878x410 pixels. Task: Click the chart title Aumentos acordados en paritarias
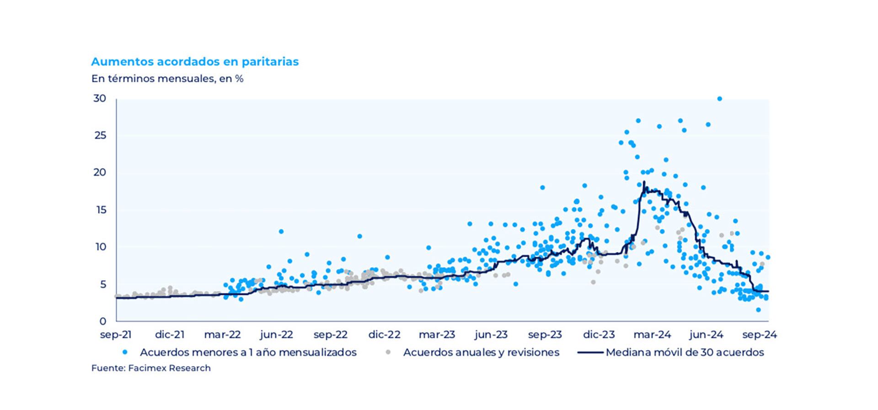(195, 62)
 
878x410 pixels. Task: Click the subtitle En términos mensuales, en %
(167, 79)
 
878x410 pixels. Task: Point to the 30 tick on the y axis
(100, 98)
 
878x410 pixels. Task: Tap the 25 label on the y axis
(100, 135)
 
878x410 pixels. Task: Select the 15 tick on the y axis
(100, 210)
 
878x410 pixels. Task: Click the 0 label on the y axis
(102, 321)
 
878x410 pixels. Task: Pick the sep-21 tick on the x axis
(116, 335)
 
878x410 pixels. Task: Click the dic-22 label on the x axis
(384, 335)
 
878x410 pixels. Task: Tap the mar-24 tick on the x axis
(653, 335)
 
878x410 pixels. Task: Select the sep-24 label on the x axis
(760, 335)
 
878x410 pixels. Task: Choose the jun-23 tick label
(491, 335)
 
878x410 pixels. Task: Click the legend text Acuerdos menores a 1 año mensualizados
(248, 352)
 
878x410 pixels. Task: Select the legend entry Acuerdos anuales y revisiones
(481, 352)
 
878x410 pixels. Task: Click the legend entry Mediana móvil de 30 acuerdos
(685, 352)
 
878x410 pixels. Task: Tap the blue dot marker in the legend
(125, 352)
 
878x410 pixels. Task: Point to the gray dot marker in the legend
(388, 352)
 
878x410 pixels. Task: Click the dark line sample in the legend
(590, 352)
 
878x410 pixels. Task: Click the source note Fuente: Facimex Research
(151, 368)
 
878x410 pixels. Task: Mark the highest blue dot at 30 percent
(719, 99)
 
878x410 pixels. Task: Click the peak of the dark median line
(644, 182)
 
